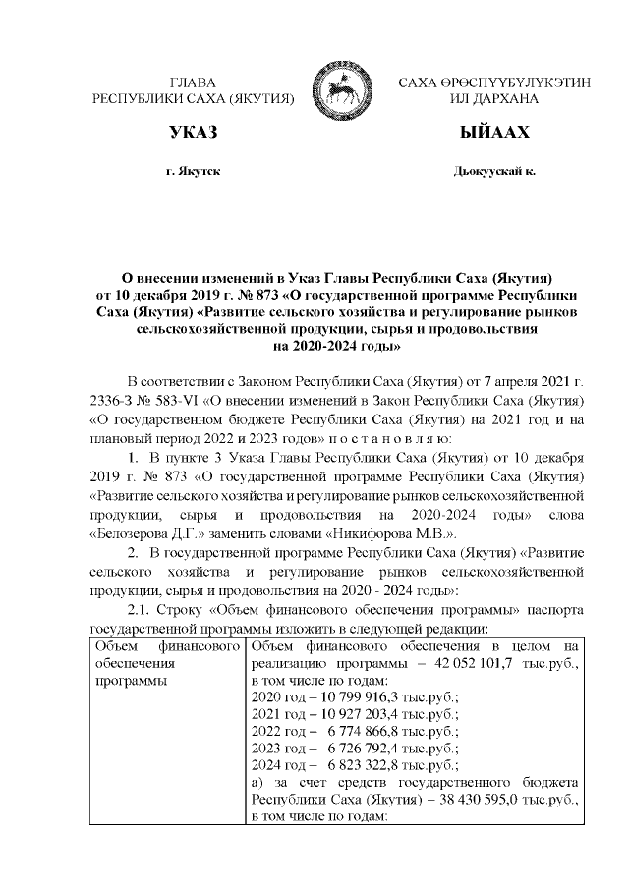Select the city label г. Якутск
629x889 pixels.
pyautogui.click(x=194, y=172)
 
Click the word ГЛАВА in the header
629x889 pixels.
pyautogui.click(x=194, y=83)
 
